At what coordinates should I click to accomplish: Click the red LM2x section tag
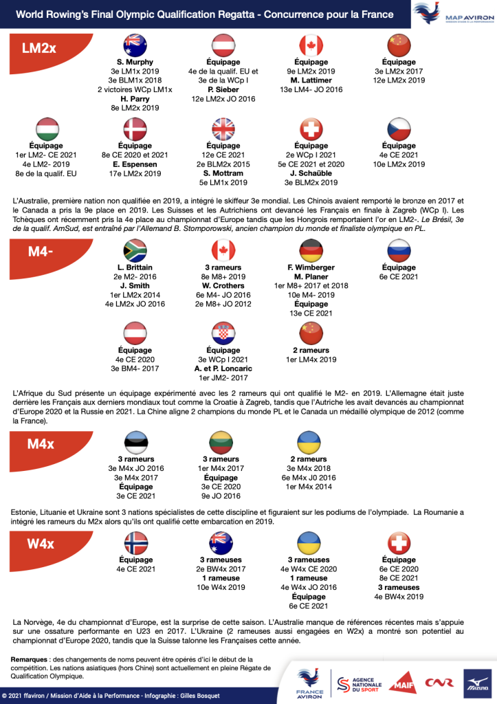[x=43, y=48]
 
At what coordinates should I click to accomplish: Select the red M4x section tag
[x=43, y=444]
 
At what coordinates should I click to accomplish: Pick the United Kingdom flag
[x=223, y=129]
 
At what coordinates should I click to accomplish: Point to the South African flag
[x=135, y=250]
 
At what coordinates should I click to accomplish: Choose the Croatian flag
[x=223, y=333]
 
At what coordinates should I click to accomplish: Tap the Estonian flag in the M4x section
[x=135, y=441]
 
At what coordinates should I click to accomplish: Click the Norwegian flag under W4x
[x=135, y=542]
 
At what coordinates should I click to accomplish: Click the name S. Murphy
[x=135, y=62]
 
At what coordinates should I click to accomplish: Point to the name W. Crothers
[x=223, y=285]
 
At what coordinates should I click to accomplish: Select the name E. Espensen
[x=135, y=164]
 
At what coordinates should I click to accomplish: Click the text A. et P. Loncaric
[x=223, y=368]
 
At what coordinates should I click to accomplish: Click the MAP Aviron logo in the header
[x=452, y=14]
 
